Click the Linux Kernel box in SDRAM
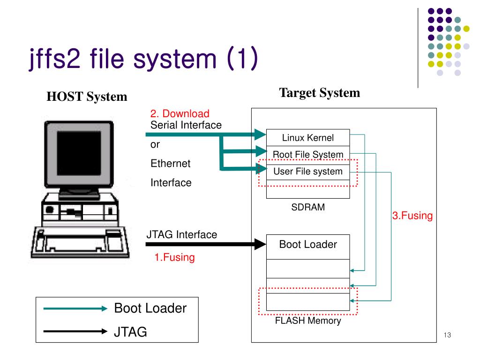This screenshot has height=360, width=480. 308,138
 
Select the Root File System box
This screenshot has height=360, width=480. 308,154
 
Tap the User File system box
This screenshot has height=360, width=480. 308,171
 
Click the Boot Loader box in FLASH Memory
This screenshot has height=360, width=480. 308,247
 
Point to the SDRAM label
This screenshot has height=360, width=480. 308,207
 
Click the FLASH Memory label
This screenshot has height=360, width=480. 308,321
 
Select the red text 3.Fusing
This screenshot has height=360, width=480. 412,216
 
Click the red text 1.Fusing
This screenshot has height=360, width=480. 174,257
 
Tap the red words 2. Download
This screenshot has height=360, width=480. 180,113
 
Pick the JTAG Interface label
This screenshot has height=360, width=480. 182,234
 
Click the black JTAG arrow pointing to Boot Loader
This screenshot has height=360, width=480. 206,244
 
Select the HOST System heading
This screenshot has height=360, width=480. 87,97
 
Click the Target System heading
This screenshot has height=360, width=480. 320,93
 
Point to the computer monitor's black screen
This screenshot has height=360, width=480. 79,153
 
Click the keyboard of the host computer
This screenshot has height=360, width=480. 80,242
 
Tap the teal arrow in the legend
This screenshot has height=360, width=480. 75,308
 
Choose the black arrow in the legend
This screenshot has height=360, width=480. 75,331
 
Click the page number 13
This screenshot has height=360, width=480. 447,335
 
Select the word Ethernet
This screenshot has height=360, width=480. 171,164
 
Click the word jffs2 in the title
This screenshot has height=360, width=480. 55,59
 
